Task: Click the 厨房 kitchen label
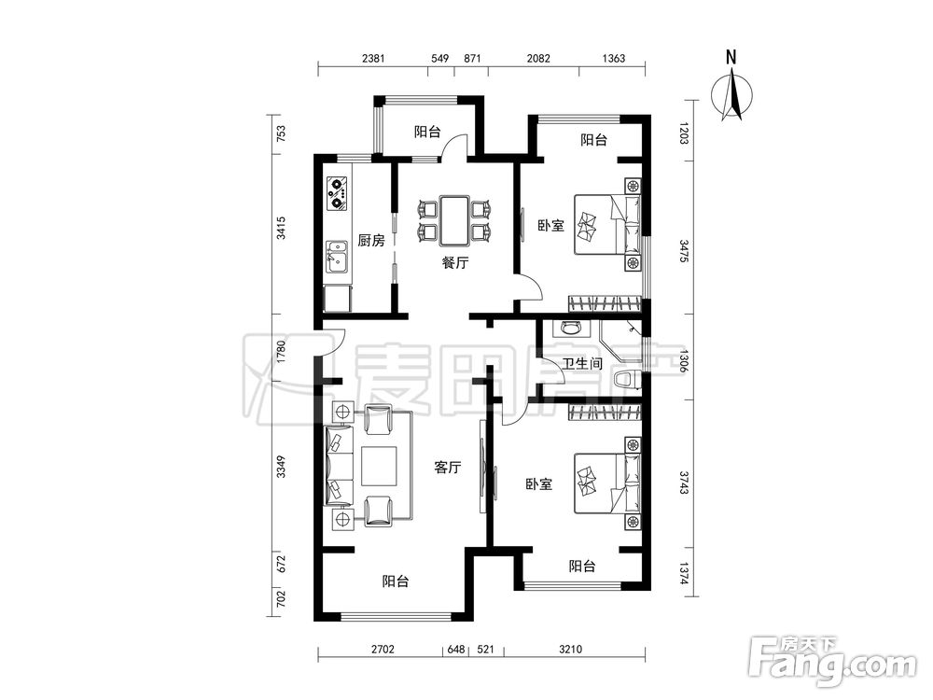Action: click(x=371, y=241)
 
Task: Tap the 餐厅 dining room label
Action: click(x=455, y=262)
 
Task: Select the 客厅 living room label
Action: click(x=448, y=468)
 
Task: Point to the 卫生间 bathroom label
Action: click(x=583, y=363)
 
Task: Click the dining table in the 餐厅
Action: click(x=455, y=221)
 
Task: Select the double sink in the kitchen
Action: click(x=337, y=257)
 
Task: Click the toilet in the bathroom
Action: click(x=628, y=379)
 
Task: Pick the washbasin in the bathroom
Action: click(x=571, y=328)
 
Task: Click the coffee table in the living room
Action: click(x=379, y=466)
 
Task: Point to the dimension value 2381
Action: click(x=374, y=58)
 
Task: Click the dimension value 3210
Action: click(x=570, y=649)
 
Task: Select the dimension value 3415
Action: click(x=282, y=228)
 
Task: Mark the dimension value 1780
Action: click(x=282, y=351)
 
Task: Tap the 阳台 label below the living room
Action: click(x=396, y=581)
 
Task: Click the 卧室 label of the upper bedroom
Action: click(x=551, y=226)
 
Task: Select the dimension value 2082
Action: click(x=538, y=58)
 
